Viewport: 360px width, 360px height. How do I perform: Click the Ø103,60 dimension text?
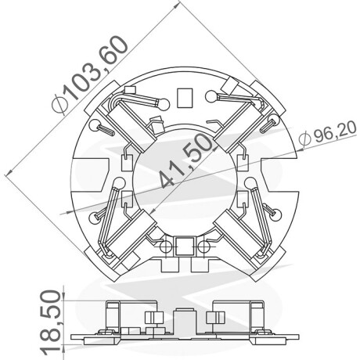(89, 75)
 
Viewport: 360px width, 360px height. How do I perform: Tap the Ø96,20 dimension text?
(328, 134)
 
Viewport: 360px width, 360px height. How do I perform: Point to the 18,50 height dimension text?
(51, 322)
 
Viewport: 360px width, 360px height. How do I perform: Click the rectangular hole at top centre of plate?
(185, 98)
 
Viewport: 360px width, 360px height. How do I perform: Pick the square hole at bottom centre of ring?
(185, 246)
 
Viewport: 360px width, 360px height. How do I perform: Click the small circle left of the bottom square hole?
(165, 247)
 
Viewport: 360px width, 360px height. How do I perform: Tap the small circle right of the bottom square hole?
(203, 247)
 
